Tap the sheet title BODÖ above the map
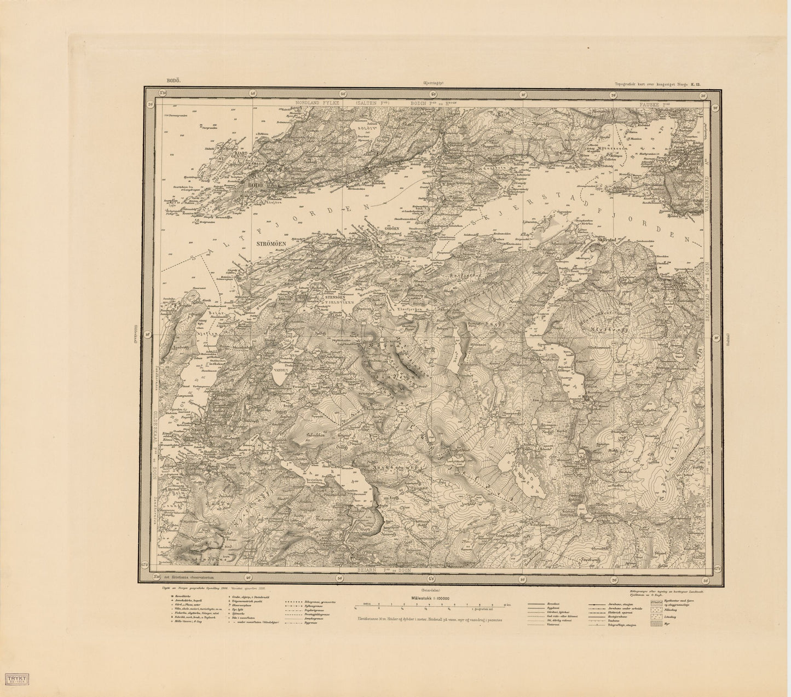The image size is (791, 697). tap(172, 80)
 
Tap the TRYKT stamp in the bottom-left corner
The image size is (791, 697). tap(18, 676)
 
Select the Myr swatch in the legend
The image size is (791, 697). tap(656, 623)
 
